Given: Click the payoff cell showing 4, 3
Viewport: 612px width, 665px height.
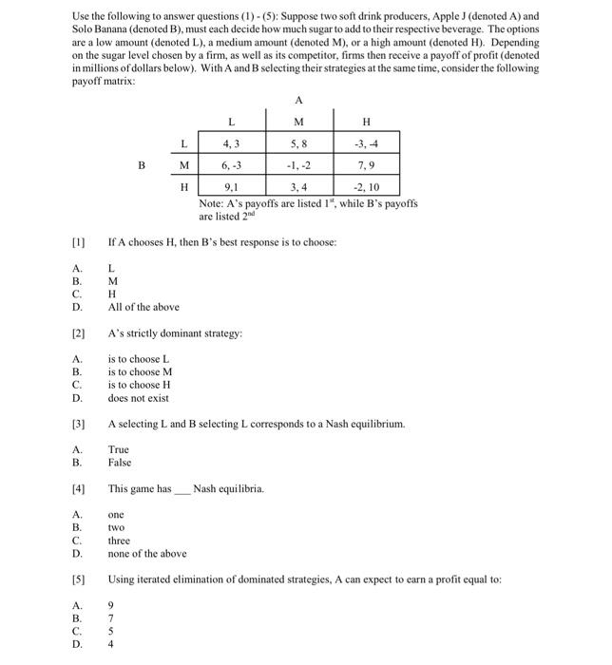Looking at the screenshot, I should coord(231,144).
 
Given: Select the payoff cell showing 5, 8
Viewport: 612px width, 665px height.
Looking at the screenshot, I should coord(298,144).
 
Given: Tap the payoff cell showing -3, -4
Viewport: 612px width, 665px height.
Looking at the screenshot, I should coord(367,144).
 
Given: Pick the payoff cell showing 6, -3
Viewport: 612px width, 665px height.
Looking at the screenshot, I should coord(231,165).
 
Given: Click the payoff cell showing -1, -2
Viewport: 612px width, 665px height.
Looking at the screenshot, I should coord(298,165).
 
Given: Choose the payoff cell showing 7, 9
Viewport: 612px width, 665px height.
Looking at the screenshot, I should coord(367,165).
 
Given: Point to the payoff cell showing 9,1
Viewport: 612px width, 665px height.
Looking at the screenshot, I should coord(231,187).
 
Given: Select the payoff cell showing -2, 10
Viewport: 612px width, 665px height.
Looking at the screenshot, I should coord(367,187).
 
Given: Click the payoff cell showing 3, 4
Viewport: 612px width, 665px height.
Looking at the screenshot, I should coord(298,187).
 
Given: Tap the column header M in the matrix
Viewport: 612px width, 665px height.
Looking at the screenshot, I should coord(298,122).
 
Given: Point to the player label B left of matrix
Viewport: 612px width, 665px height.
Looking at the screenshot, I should coord(142,165).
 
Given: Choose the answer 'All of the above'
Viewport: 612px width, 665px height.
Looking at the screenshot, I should coord(143,307).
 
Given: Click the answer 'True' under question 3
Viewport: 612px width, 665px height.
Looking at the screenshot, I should coord(119,449).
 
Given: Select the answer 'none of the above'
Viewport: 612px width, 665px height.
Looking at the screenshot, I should coord(147,554).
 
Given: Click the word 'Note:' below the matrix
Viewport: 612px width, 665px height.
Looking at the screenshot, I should coord(213,204).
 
